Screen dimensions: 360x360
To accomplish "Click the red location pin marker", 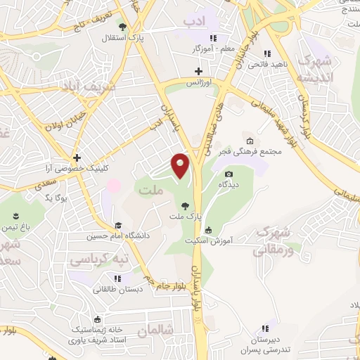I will pyautogui.click(x=181, y=167).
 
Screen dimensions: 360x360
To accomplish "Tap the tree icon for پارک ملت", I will pyautogui.click(x=184, y=206).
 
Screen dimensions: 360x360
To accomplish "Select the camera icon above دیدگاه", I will pyautogui.click(x=228, y=174).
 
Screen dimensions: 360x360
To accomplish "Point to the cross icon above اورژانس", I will pyautogui.click(x=198, y=71).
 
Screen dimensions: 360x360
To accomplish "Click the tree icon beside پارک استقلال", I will pyautogui.click(x=122, y=27).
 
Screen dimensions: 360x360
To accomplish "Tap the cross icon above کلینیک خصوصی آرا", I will pyautogui.click(x=77, y=158).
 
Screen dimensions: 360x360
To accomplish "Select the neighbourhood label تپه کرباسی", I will pyautogui.click(x=98, y=260).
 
